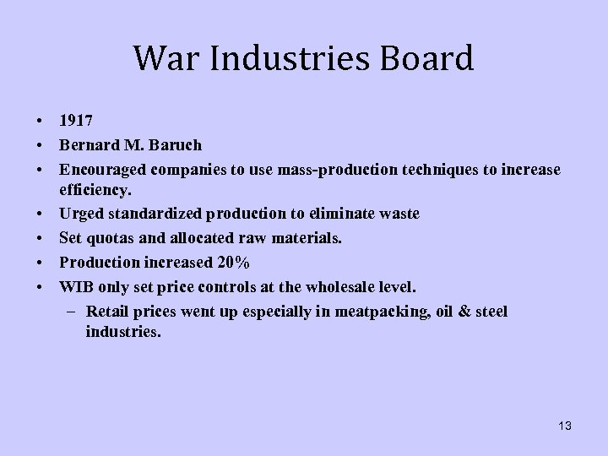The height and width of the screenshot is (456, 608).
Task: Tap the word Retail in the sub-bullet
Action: click(106, 312)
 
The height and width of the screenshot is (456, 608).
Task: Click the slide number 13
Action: click(564, 426)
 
